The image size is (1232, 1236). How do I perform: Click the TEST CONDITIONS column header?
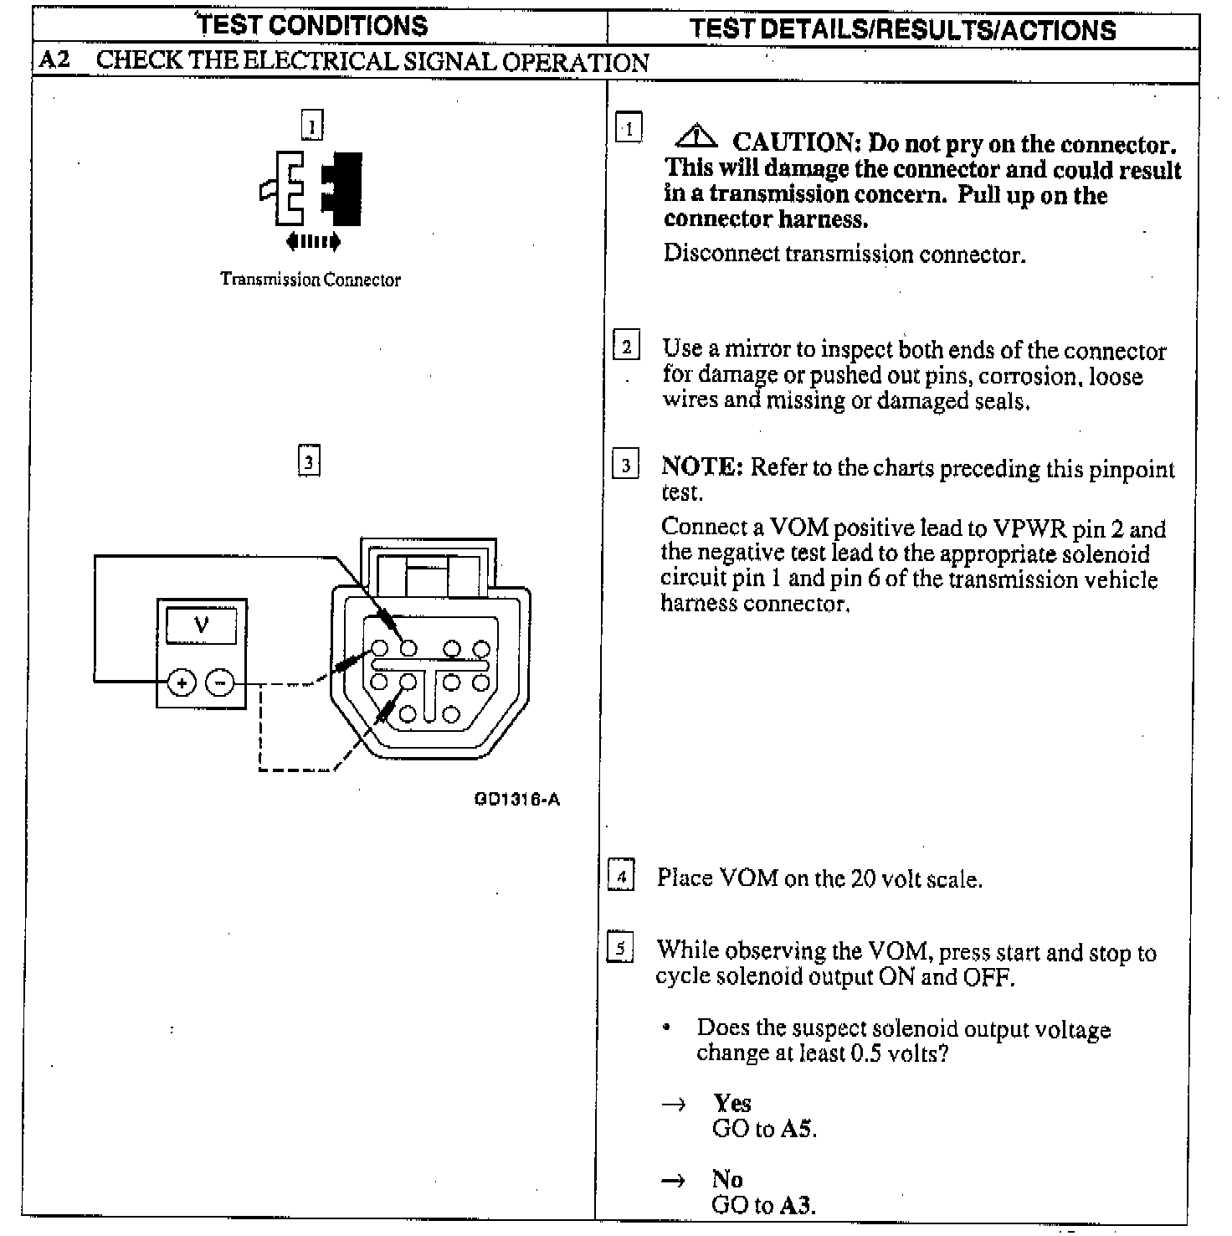tap(313, 25)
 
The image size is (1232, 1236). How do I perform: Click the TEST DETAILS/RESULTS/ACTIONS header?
tap(902, 29)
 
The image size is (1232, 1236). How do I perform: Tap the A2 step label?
tap(55, 61)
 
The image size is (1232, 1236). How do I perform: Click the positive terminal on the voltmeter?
tap(182, 682)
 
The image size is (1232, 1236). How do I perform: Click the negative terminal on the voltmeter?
tap(220, 682)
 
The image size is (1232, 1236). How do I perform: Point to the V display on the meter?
tap(201, 625)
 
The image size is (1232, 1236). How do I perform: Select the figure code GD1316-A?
tap(516, 799)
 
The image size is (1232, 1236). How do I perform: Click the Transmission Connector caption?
tap(310, 280)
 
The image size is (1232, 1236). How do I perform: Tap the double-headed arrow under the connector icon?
tap(312, 242)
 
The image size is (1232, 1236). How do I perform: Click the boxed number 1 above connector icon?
tap(311, 126)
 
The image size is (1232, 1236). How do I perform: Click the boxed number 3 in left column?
tap(309, 461)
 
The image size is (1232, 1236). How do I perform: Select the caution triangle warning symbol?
tap(696, 136)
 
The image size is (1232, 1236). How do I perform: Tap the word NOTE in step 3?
tap(701, 466)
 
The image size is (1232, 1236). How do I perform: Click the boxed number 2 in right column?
tap(627, 346)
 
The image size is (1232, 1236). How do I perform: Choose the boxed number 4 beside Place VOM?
tap(621, 877)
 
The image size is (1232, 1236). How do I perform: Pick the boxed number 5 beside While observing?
tap(620, 949)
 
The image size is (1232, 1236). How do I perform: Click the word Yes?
tap(732, 1103)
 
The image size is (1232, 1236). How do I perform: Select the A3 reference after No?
tap(797, 1205)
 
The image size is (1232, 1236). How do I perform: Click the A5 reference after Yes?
tap(797, 1129)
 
